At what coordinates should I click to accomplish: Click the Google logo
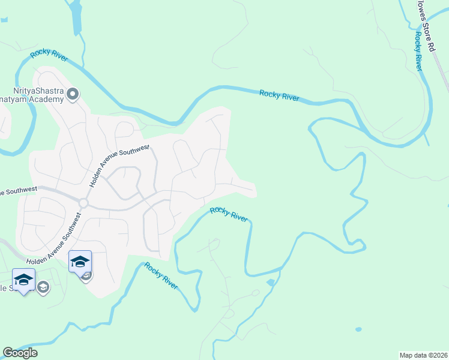[x=20, y=353]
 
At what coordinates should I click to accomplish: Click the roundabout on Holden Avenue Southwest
[x=83, y=203]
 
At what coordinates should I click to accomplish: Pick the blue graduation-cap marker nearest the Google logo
[x=23, y=280]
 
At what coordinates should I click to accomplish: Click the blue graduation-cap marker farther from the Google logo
[x=80, y=262]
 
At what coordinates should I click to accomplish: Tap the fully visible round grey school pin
[x=43, y=288]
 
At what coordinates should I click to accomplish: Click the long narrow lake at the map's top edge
[x=76, y=17]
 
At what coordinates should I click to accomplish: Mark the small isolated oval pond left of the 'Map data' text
[x=358, y=329]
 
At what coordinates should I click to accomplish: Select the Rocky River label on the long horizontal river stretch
[x=279, y=95]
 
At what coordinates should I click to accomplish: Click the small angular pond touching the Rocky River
[x=270, y=281]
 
